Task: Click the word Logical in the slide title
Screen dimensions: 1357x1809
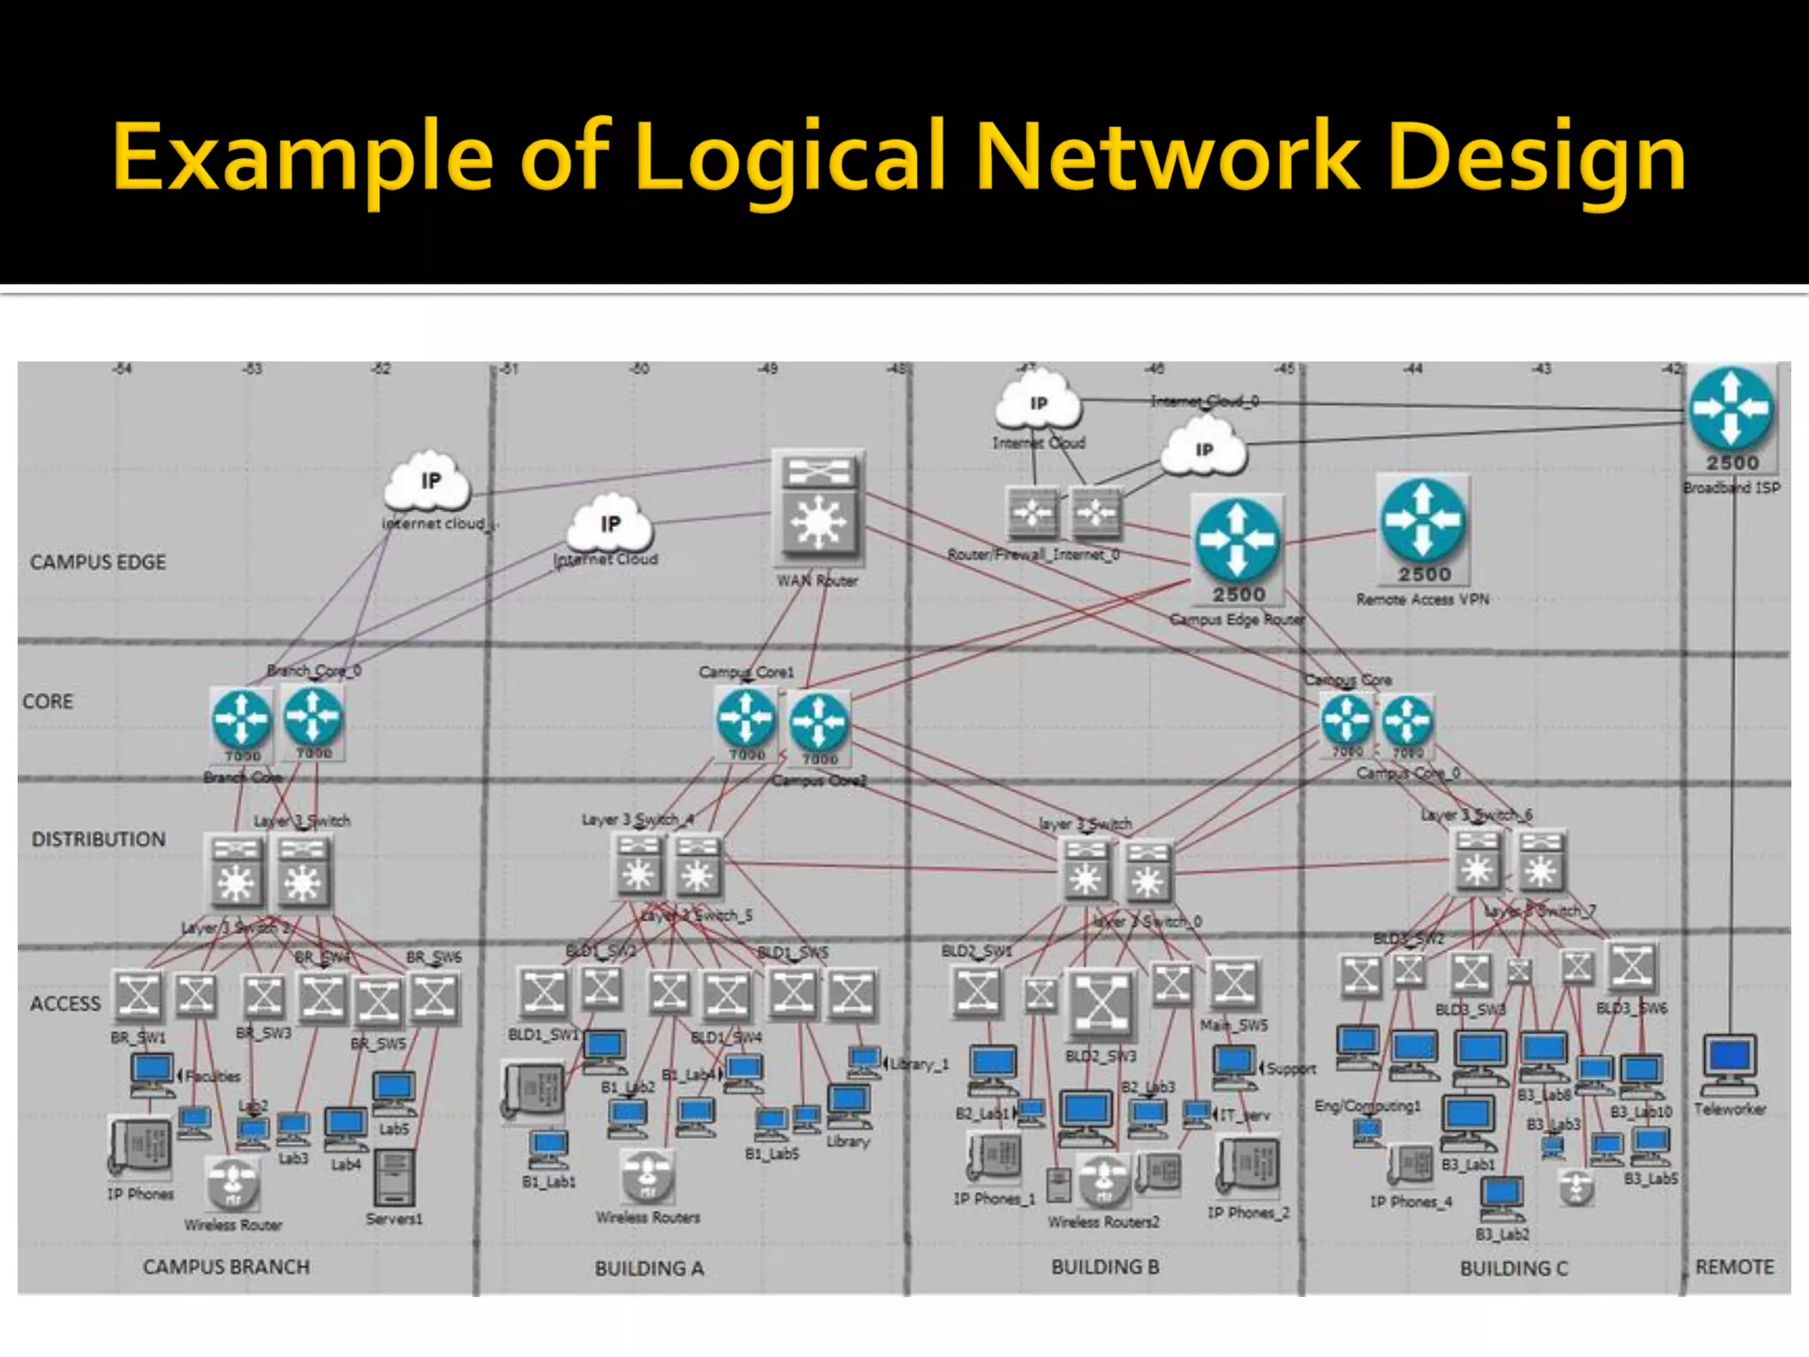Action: tap(790, 159)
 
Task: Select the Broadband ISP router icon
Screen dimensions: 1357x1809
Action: tap(1730, 410)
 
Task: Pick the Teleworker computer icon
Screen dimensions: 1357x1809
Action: tap(1730, 1065)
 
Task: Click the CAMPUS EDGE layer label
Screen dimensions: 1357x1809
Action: tap(98, 563)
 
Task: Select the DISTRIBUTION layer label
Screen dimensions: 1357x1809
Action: tap(99, 839)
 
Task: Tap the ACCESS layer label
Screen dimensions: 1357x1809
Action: tap(65, 1004)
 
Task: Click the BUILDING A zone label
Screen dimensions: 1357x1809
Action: tap(649, 1269)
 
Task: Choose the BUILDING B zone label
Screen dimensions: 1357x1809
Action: tap(1105, 1267)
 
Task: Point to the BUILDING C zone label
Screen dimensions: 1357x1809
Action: tap(1513, 1269)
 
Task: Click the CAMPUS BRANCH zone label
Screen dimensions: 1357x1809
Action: tap(226, 1267)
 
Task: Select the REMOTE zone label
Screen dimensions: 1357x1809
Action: tap(1735, 1267)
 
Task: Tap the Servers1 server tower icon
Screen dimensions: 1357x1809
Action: tap(394, 1178)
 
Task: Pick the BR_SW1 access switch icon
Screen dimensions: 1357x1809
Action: tap(139, 996)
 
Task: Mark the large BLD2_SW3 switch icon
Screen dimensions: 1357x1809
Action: tap(1101, 1004)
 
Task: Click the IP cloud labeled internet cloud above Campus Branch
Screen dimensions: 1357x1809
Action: tap(428, 483)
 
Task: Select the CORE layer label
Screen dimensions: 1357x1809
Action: tap(48, 701)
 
